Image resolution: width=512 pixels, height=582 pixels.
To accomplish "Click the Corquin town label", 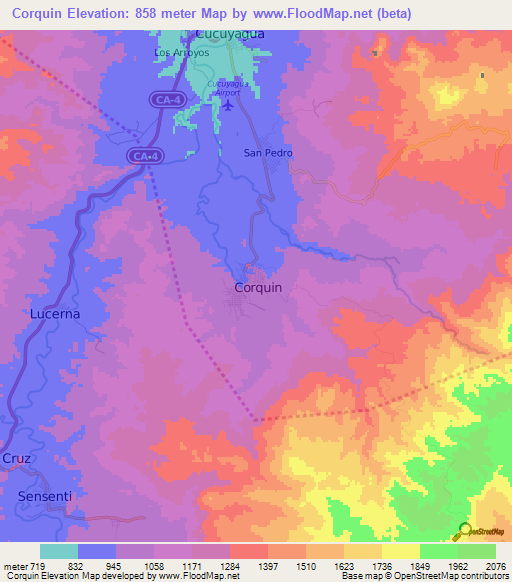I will (x=257, y=287).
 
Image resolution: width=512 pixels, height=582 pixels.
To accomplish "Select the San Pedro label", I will (x=265, y=153).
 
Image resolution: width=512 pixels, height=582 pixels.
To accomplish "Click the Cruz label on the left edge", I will (x=17, y=458).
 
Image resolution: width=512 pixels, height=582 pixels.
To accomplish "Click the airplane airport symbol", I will (x=228, y=105).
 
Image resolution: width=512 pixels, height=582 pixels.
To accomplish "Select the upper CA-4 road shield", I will (x=168, y=99).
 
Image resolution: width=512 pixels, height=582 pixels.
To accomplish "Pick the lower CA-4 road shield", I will (x=146, y=156).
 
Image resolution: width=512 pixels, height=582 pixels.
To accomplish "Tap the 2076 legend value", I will (x=494, y=565).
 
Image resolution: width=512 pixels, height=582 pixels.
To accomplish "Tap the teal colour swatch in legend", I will (x=59, y=551).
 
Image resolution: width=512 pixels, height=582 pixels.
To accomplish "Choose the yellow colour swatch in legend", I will (x=400, y=551).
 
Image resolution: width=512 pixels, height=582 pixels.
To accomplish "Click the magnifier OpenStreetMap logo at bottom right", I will (x=463, y=530).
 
